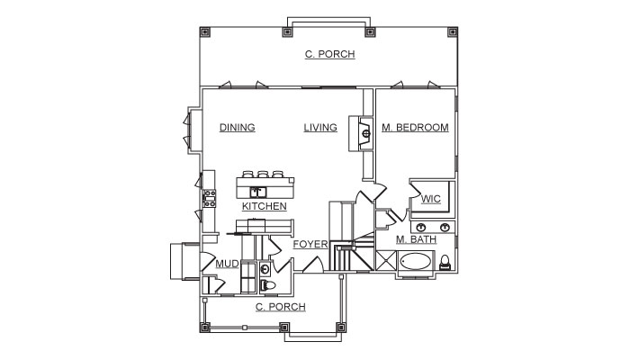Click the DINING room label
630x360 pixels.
pos(237,128)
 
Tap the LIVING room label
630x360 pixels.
pos(320,128)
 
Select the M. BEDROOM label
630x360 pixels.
pos(415,128)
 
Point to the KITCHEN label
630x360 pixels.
pos(265,206)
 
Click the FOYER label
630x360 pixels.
pos(310,244)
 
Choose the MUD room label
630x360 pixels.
pos(228,264)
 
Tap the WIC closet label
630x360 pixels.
pos(431,199)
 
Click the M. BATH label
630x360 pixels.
pos(416,239)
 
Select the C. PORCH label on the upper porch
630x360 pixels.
pos(330,54)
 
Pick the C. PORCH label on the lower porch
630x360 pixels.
pos(281,307)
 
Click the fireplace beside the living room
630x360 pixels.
pos(361,133)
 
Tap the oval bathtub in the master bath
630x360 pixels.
pos(416,262)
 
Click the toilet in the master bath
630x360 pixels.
pos(445,263)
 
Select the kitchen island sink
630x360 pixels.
pos(257,192)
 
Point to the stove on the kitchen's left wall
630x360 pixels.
pos(210,199)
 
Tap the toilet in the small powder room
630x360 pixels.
pos(268,285)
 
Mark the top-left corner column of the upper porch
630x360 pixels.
pos(205,31)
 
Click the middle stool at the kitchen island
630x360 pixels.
pos(263,175)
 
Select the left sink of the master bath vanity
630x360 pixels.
pos(420,228)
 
